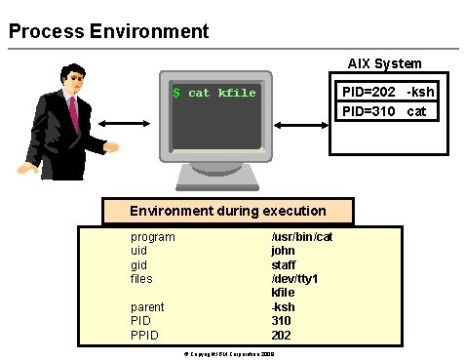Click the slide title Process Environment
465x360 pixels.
point(108,31)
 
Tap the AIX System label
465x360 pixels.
point(384,63)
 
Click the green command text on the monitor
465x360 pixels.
point(213,93)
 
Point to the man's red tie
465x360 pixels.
point(73,114)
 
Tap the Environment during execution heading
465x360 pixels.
point(228,210)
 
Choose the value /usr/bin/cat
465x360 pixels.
point(301,237)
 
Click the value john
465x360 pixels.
point(283,251)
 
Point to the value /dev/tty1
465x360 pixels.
point(294,279)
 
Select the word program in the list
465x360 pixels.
point(153,237)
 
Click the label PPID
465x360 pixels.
point(146,335)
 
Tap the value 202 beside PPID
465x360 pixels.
point(281,335)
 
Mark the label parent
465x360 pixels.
point(147,306)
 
